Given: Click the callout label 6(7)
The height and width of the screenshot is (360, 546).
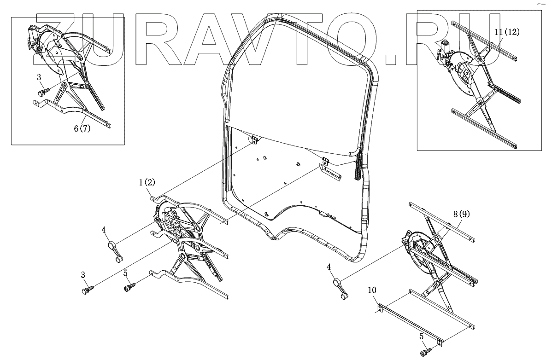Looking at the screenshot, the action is pos(82,129).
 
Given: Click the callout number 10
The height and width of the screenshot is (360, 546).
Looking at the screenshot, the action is pos(372,290).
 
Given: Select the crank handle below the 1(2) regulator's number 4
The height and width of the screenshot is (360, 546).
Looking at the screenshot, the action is pos(115,252).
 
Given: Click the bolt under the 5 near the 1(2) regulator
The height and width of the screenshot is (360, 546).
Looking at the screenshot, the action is pos(128,288).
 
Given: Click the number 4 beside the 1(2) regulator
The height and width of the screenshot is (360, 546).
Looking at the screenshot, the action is pos(104,229).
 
